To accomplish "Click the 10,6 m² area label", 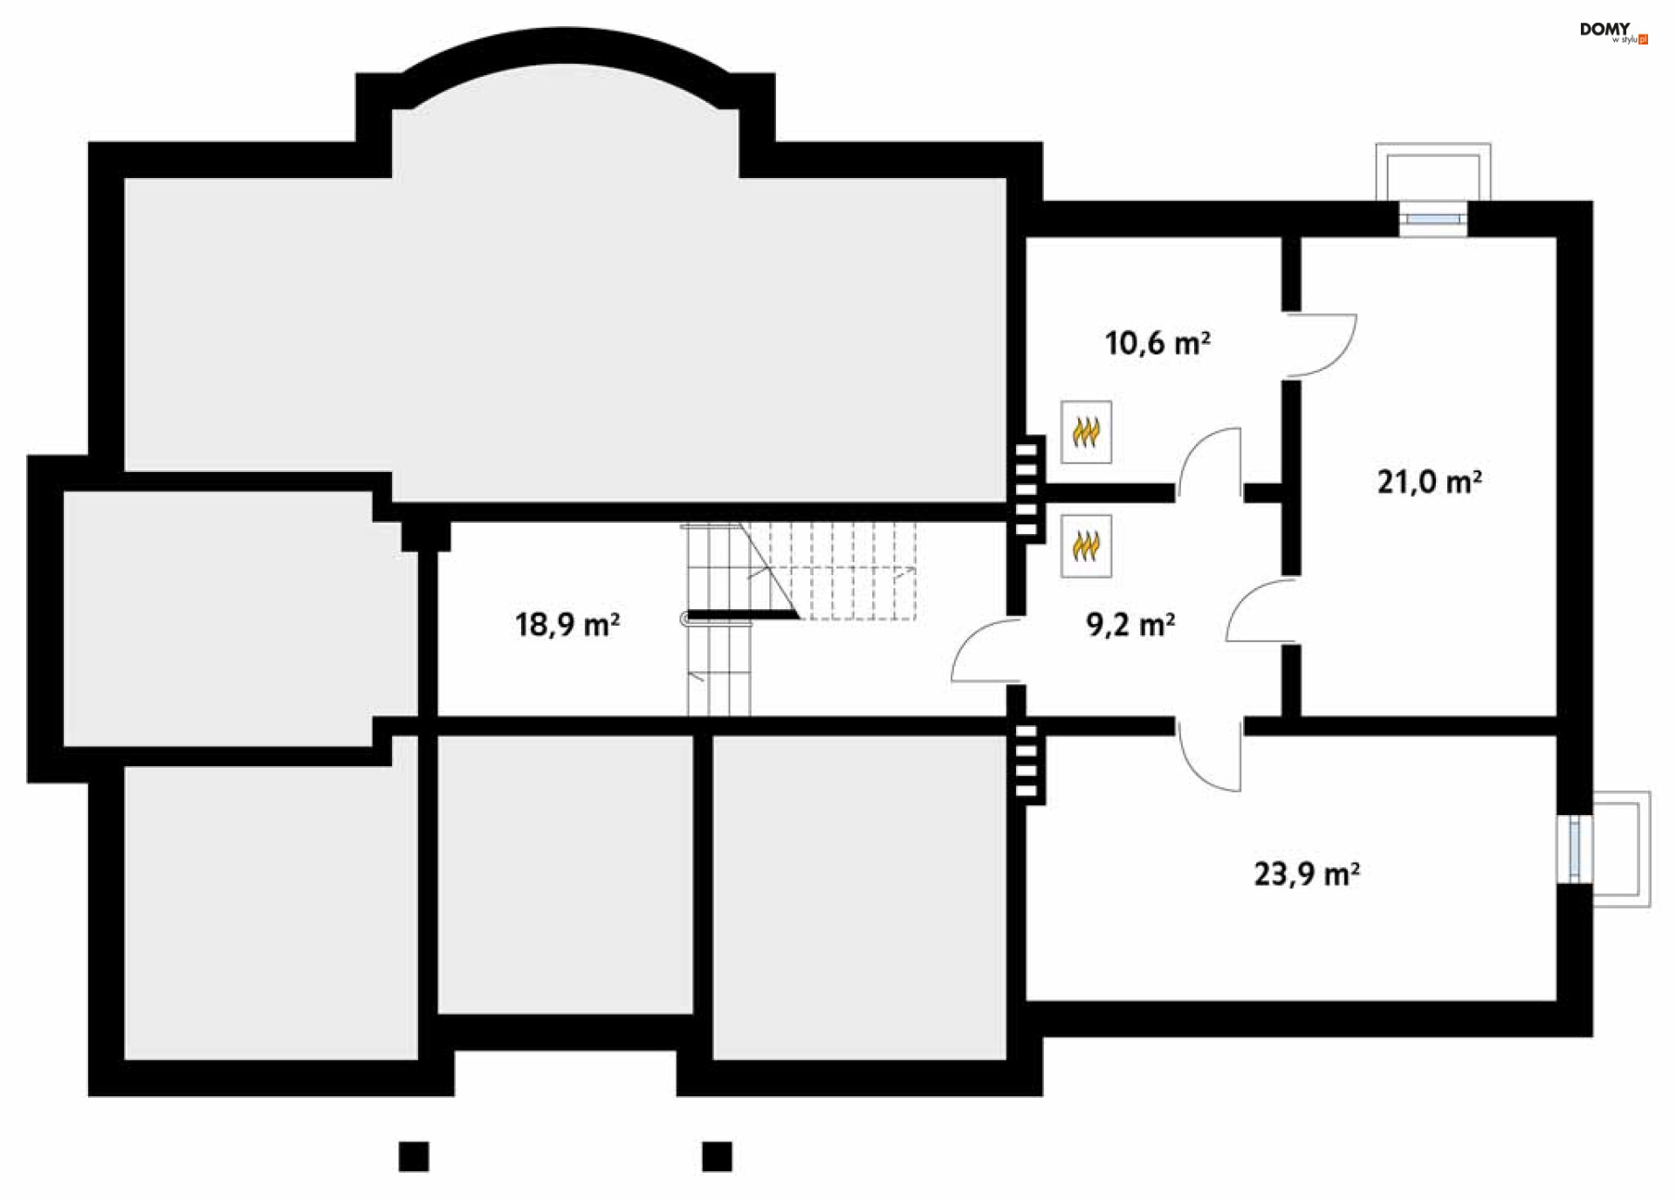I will click(1157, 343).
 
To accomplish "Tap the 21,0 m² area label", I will click(1429, 482).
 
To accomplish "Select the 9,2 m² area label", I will click(1130, 625).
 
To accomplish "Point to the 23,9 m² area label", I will click(1306, 874).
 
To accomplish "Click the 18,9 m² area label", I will click(567, 625).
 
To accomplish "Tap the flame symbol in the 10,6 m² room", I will click(1086, 432).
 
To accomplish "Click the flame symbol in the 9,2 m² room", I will click(1086, 546).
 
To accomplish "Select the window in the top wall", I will click(1432, 219).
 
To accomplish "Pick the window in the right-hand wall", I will click(1575, 848).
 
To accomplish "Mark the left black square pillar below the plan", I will click(414, 1156).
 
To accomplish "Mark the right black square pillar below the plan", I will click(717, 1156).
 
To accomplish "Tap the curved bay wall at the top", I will click(566, 45).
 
